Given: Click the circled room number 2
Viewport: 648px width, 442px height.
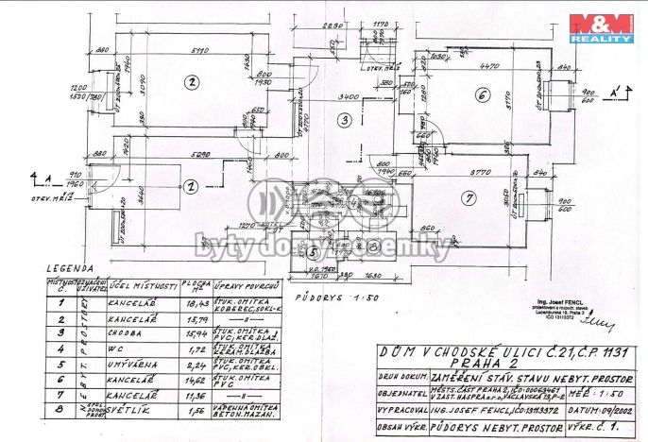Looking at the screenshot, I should [x=191, y=81].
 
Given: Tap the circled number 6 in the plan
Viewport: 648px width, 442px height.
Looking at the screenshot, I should [x=481, y=95].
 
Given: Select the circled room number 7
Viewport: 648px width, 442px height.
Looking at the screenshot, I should [x=467, y=197].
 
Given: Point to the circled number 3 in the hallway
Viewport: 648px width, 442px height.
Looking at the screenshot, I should [x=346, y=120].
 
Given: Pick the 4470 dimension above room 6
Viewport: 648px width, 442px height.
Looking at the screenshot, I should [x=489, y=66].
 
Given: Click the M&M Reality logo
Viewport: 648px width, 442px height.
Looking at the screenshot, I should [x=600, y=27].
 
